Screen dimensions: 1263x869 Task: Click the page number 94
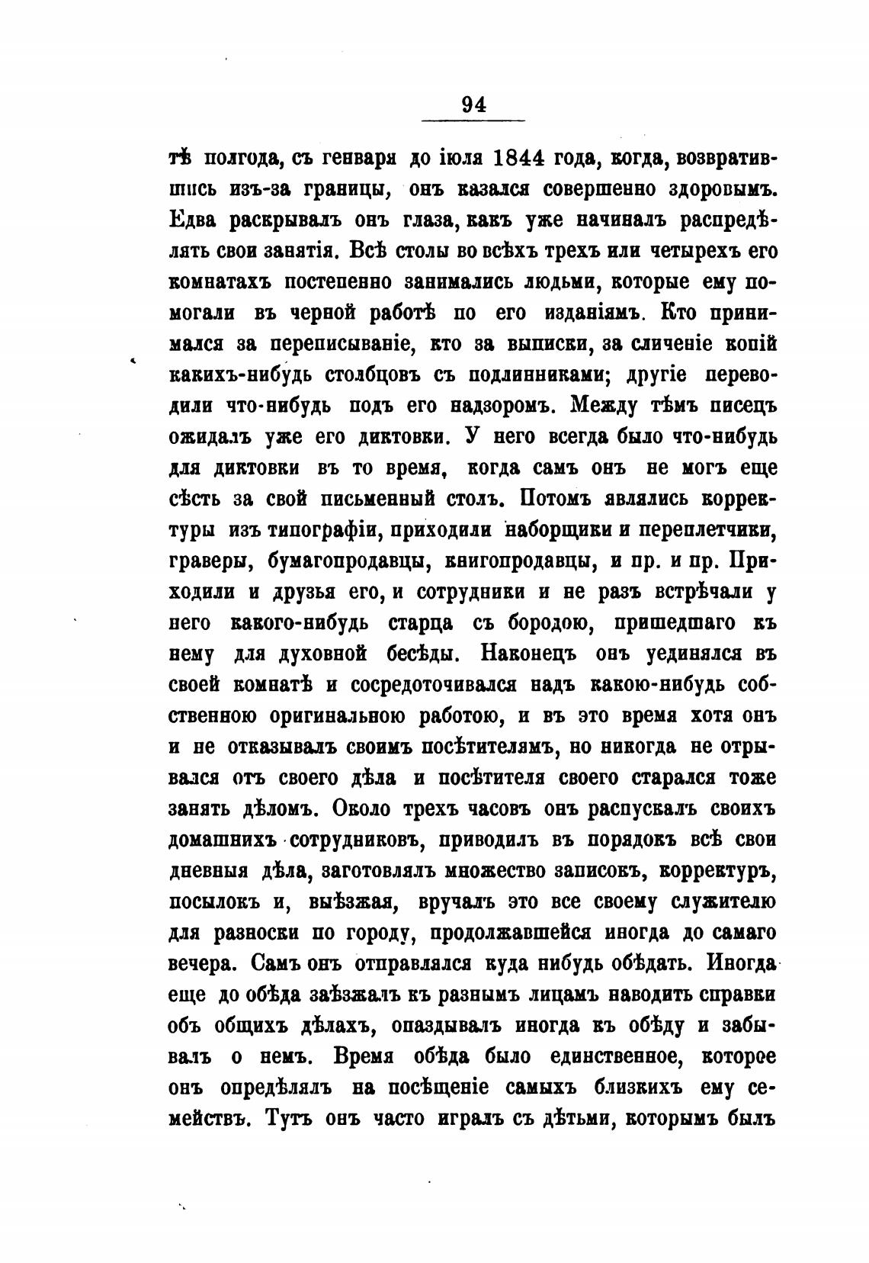point(473,104)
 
